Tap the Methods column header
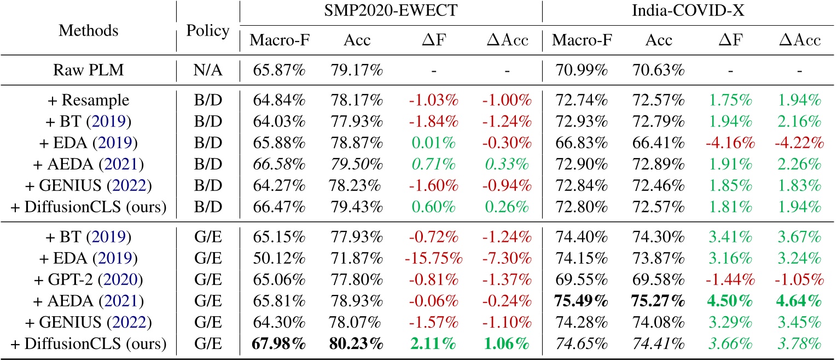click(x=89, y=30)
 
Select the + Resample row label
click(x=89, y=100)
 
